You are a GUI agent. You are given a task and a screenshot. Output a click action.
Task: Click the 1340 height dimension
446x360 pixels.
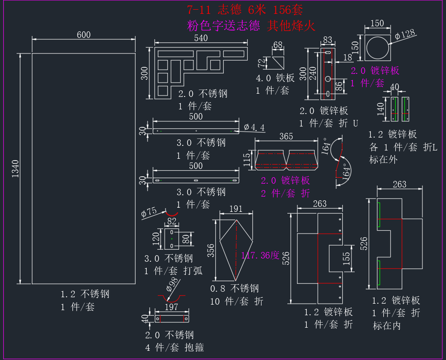(x=15, y=168)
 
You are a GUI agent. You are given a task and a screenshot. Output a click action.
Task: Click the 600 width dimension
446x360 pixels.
(x=83, y=35)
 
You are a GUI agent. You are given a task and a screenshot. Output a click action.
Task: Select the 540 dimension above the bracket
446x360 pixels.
(x=201, y=38)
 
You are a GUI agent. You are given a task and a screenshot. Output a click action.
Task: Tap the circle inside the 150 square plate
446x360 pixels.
(x=378, y=48)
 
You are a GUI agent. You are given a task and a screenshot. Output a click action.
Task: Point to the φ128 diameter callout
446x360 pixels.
(x=405, y=35)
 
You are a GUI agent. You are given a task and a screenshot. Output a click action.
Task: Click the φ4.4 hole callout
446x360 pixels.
(x=254, y=127)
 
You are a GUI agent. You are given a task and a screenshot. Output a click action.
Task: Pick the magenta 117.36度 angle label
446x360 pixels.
(x=260, y=255)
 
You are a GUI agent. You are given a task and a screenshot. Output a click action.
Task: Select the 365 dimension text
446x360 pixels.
(x=286, y=136)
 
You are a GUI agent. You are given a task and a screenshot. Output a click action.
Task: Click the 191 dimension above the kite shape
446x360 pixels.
(x=236, y=209)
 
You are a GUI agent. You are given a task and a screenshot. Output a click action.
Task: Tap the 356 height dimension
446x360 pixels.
(x=211, y=251)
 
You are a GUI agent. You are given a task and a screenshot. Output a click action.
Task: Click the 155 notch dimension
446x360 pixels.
(x=346, y=258)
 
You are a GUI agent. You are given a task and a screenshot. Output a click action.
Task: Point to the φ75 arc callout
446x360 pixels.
(x=149, y=212)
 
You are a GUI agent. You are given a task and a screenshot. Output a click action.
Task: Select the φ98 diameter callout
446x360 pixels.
(x=172, y=284)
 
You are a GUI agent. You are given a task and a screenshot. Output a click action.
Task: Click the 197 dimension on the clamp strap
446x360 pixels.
(x=172, y=307)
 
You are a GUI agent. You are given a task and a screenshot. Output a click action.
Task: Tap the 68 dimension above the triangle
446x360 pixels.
(x=278, y=45)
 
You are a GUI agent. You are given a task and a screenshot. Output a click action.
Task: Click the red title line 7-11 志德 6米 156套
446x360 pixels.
(x=245, y=10)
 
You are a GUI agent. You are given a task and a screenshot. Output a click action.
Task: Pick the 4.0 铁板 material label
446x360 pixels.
(x=275, y=78)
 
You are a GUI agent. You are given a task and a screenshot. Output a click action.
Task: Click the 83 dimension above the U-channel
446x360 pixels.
(x=327, y=40)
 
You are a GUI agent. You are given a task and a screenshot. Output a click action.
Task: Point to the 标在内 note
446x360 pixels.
(x=387, y=325)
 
